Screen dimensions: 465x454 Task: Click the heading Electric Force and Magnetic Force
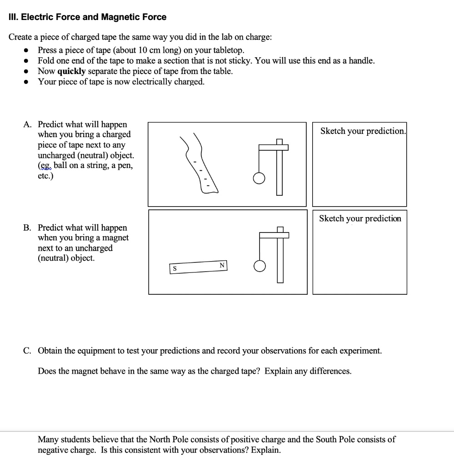coord(88,17)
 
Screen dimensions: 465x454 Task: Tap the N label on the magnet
coord(222,265)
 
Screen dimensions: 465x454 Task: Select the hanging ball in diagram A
coord(258,180)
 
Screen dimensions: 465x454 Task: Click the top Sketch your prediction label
coord(362,131)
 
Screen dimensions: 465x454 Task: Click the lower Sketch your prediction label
coord(360,219)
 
